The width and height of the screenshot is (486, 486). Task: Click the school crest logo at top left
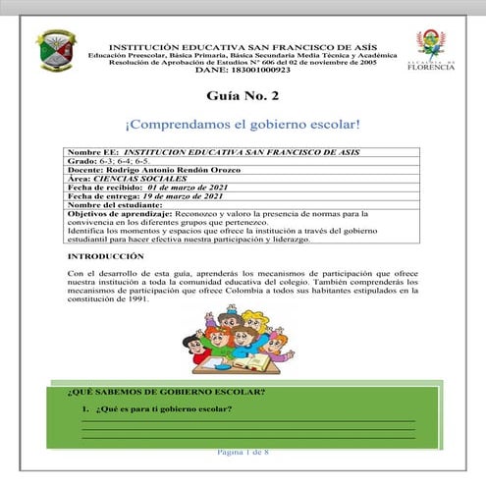56,52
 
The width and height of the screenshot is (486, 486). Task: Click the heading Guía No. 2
242,98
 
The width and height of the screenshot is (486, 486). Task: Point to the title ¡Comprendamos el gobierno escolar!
243,128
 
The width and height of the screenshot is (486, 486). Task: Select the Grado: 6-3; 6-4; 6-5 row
105,163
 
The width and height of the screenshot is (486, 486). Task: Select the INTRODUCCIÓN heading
106,255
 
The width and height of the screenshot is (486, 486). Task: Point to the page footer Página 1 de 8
243,451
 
